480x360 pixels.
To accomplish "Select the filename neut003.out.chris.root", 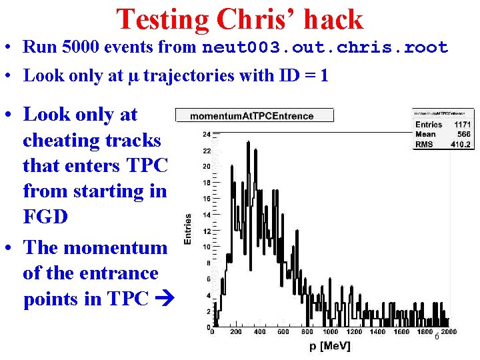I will pyautogui.click(x=325, y=48).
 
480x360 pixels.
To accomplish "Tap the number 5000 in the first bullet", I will pyautogui.click(x=81, y=47).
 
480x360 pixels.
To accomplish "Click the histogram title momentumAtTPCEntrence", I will pyautogui.click(x=251, y=116).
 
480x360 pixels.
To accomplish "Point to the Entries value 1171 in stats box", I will pyautogui.click(x=461, y=124).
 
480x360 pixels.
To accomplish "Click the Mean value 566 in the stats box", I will pyautogui.click(x=463, y=134).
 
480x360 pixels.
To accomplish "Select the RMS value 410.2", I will pyautogui.click(x=460, y=144).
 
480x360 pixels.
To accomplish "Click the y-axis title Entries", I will pyautogui.click(x=188, y=229).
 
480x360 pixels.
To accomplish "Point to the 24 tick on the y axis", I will pyautogui.click(x=207, y=133).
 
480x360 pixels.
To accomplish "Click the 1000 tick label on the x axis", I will pyautogui.click(x=329, y=332).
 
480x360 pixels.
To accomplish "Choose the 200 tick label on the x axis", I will pyautogui.click(x=236, y=332).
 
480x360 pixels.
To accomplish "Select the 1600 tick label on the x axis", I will pyautogui.click(x=401, y=332).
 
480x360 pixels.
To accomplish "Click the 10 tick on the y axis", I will pyautogui.click(x=207, y=247).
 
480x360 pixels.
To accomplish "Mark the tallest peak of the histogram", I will pyautogui.click(x=248, y=143).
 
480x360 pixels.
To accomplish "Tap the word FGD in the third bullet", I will pyautogui.click(x=45, y=217).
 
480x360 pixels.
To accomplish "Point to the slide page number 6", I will pyautogui.click(x=437, y=337).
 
